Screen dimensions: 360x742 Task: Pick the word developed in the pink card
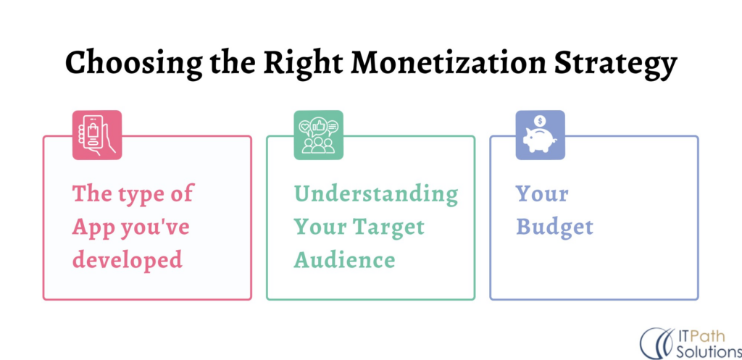point(127,259)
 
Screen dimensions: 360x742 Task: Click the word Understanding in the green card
point(375,194)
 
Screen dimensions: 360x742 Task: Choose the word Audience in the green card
point(344,259)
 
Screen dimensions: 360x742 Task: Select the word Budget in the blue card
point(554,227)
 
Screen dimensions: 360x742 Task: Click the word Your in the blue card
point(542,194)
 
